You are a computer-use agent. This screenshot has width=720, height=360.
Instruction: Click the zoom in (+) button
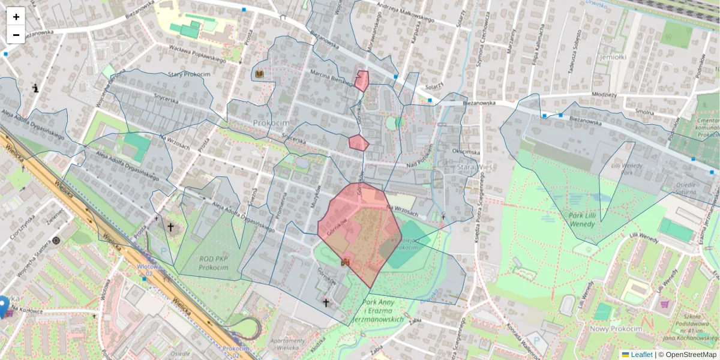tap(16, 16)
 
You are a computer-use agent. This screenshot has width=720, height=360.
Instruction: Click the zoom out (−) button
tap(16, 34)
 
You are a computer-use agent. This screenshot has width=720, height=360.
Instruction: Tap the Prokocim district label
tap(271, 122)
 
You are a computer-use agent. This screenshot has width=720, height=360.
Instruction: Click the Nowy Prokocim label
tap(616, 329)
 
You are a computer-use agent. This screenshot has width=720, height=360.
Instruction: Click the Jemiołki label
tap(613, 57)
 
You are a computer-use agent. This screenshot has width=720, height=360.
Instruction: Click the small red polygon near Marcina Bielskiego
tap(362, 80)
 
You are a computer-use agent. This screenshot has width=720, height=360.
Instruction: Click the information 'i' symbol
tap(36, 88)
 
